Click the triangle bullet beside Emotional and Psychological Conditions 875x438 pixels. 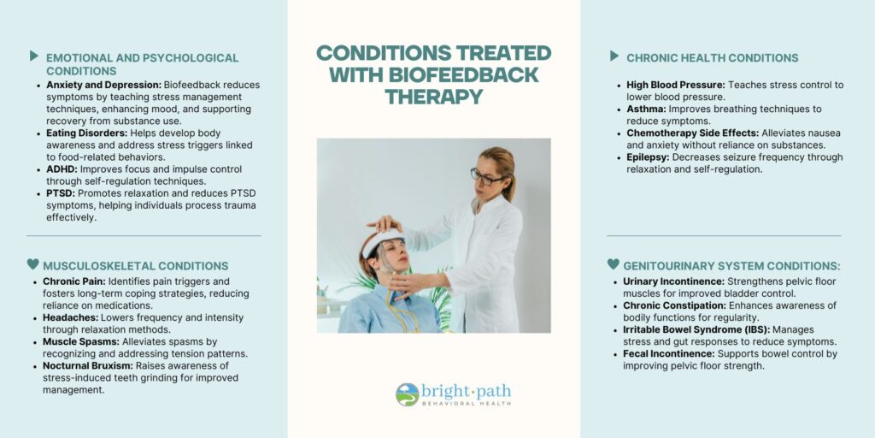click(34, 56)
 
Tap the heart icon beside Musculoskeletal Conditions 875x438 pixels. click(33, 263)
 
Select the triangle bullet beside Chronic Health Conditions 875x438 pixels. click(614, 56)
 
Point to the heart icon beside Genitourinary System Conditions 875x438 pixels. click(614, 263)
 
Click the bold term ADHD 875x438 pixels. click(60, 169)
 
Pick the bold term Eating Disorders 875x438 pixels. click(87, 133)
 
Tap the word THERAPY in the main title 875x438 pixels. click(433, 97)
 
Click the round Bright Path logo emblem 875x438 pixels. click(408, 394)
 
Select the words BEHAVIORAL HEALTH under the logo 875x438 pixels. click(467, 404)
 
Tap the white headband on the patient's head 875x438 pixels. click(380, 241)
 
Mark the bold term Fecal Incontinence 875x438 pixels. click(669, 354)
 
